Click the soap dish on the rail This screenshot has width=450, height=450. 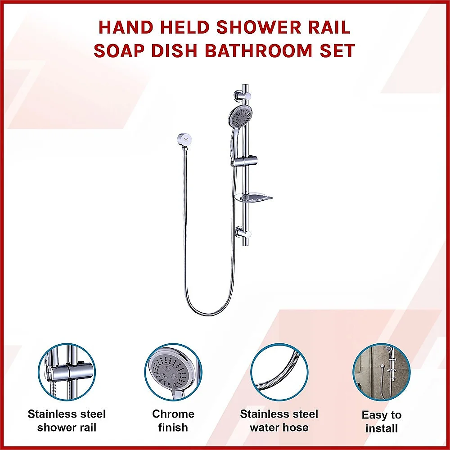[x=253, y=198]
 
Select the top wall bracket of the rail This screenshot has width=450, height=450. [x=243, y=96]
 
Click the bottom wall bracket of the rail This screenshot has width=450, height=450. [x=243, y=233]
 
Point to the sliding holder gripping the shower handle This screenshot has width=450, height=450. [x=244, y=161]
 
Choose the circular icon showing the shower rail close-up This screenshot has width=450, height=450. [x=67, y=372]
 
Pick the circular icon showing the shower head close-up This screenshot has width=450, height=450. [x=173, y=372]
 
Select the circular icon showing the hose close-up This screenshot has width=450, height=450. [x=279, y=372]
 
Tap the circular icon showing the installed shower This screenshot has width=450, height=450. [x=382, y=372]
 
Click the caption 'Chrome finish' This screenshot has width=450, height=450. [x=173, y=420]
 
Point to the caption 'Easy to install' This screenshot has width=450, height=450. [x=382, y=422]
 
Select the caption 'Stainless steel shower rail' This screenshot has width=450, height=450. [x=67, y=420]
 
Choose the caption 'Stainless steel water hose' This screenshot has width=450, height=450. [x=279, y=420]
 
